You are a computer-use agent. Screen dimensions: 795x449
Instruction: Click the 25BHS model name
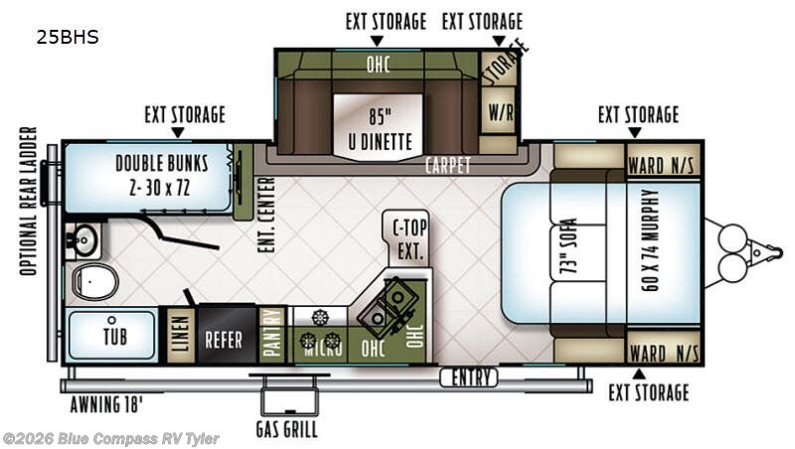68,37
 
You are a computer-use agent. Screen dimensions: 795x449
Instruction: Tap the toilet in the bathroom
94,281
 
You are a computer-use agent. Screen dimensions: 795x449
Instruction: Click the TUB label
115,337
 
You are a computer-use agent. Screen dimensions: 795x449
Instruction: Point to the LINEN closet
181,334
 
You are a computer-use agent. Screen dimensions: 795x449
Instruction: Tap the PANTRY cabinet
272,334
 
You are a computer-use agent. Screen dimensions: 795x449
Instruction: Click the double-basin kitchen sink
388,307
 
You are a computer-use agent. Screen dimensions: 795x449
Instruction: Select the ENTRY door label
468,377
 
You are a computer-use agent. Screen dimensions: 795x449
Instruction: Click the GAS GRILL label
287,429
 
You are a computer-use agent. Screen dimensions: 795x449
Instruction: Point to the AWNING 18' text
106,404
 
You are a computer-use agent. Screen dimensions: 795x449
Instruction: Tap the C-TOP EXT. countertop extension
409,238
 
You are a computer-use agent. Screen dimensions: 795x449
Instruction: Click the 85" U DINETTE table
379,127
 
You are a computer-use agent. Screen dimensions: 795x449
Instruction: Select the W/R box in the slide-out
499,111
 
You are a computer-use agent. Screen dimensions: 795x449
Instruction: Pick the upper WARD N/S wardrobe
663,160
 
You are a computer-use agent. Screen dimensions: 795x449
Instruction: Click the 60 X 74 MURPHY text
651,240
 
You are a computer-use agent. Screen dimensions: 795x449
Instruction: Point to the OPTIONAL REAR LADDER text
29,202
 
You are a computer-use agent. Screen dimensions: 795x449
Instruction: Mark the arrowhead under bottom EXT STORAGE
640,374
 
